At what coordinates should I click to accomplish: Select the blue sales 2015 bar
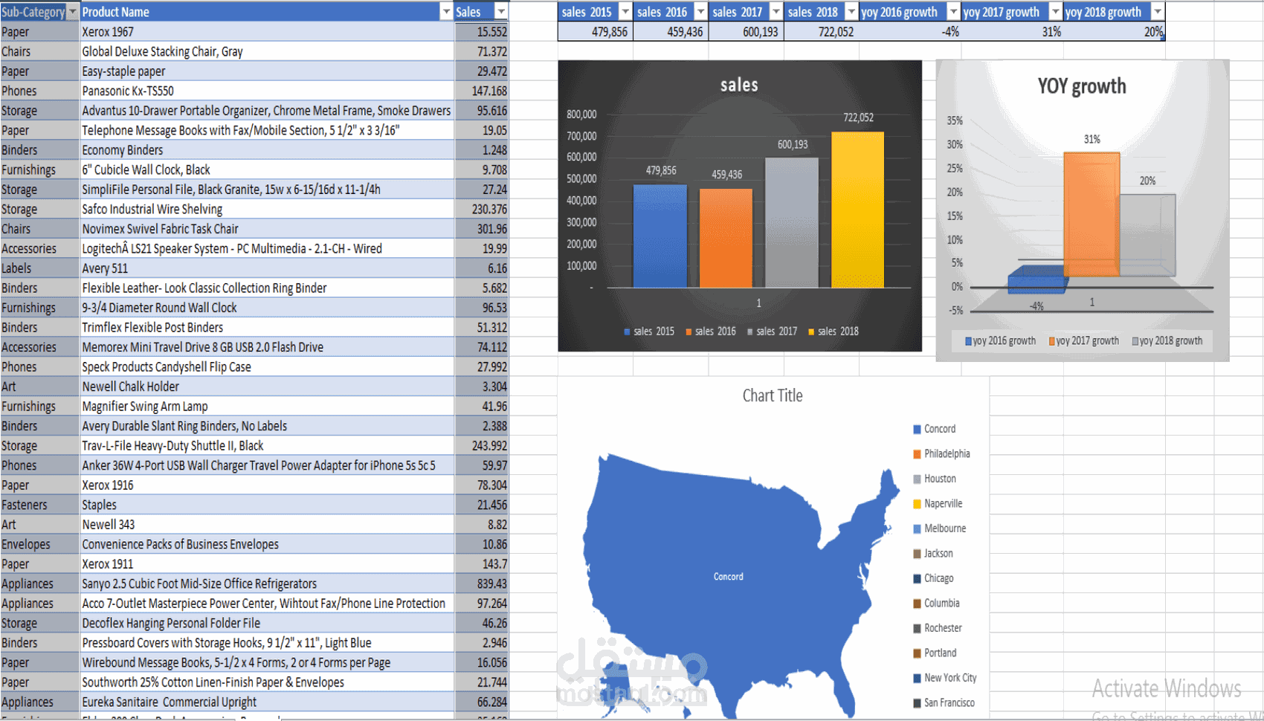[x=660, y=236]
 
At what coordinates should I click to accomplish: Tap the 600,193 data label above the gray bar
[x=792, y=145]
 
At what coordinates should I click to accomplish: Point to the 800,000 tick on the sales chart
[x=581, y=114]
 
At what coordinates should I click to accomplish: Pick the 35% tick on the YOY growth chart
[x=955, y=120]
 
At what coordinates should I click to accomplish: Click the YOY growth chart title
[x=1081, y=87]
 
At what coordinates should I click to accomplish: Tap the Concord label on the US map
[x=728, y=577]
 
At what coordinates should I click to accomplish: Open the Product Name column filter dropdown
[x=446, y=12]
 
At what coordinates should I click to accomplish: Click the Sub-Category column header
[x=33, y=12]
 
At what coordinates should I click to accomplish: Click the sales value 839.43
[x=491, y=584]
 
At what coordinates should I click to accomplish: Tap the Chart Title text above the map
[x=773, y=396]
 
